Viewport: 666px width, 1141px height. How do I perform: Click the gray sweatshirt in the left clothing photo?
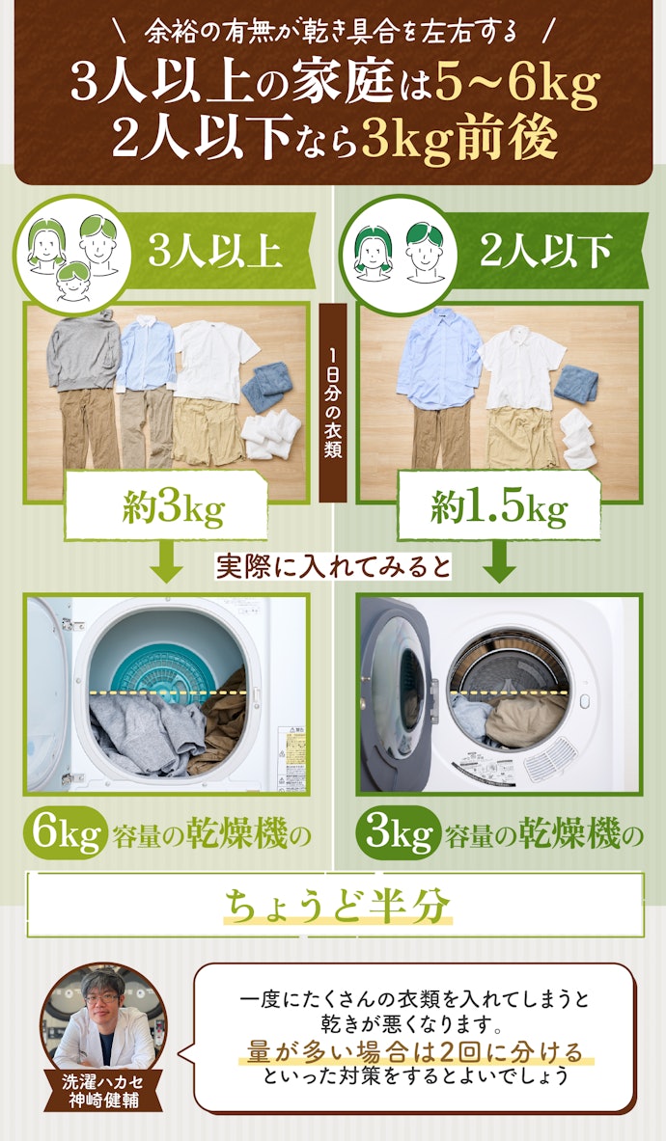tap(84, 350)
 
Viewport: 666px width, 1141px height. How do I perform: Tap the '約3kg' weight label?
tap(173, 506)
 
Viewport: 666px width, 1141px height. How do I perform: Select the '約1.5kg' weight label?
tap(499, 506)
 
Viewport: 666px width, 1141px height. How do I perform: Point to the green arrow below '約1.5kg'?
tap(499, 561)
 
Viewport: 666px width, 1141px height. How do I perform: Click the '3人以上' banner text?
tap(214, 251)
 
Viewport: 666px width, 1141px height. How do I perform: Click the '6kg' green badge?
tap(67, 834)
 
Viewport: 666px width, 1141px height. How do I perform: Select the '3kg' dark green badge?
tap(398, 834)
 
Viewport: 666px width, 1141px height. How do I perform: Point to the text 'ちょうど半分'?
tap(336, 906)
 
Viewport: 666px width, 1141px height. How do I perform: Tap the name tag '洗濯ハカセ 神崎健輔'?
tap(102, 1089)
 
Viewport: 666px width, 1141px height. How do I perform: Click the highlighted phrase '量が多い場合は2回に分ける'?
tap(415, 1052)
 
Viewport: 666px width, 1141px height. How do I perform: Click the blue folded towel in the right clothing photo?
tap(575, 384)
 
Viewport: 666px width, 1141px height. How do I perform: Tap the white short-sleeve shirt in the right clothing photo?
tap(521, 367)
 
